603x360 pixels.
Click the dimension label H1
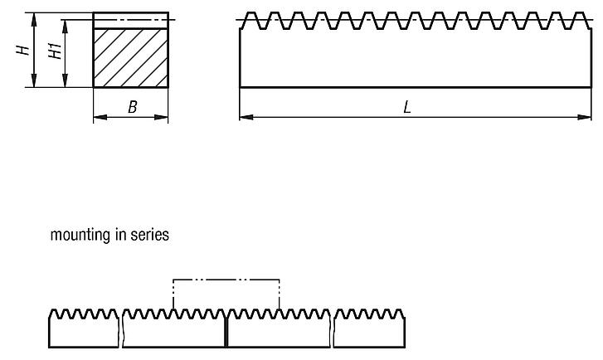coord(55,51)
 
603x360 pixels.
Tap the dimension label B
coord(131,107)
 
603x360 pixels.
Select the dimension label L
coord(407,107)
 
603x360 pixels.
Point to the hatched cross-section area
coord(130,58)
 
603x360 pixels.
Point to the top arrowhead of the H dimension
coord(34,17)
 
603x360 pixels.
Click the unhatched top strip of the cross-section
coord(130,21)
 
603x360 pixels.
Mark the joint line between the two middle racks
coord(226,332)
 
